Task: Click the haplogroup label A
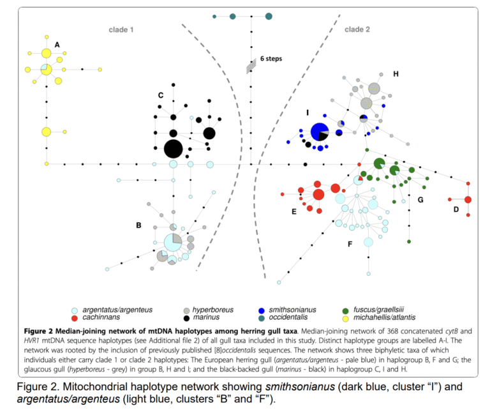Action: pyautogui.click(x=57, y=45)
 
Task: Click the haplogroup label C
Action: pyautogui.click(x=160, y=95)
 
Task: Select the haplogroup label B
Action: pyautogui.click(x=138, y=225)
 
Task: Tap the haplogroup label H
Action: pyautogui.click(x=396, y=74)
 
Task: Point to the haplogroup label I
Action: pyautogui.click(x=308, y=112)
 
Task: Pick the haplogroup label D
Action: pyautogui.click(x=456, y=209)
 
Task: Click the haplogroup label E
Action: pyautogui.click(x=293, y=211)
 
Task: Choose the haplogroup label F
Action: pyautogui.click(x=350, y=244)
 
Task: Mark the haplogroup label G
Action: pyautogui.click(x=420, y=199)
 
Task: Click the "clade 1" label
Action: pyautogui.click(x=119, y=29)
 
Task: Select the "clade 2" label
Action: pyautogui.click(x=357, y=29)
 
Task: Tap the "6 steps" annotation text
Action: pyautogui.click(x=271, y=59)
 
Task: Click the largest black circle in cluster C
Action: pyautogui.click(x=173, y=149)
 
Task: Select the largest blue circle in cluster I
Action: pyautogui.click(x=319, y=132)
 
